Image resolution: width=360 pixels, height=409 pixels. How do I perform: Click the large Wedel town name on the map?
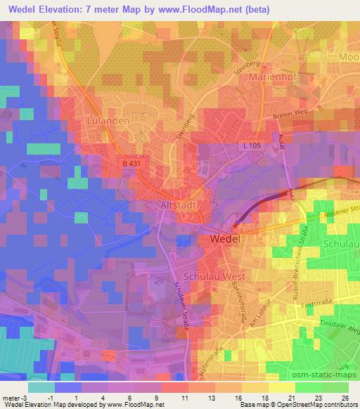click(229, 240)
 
